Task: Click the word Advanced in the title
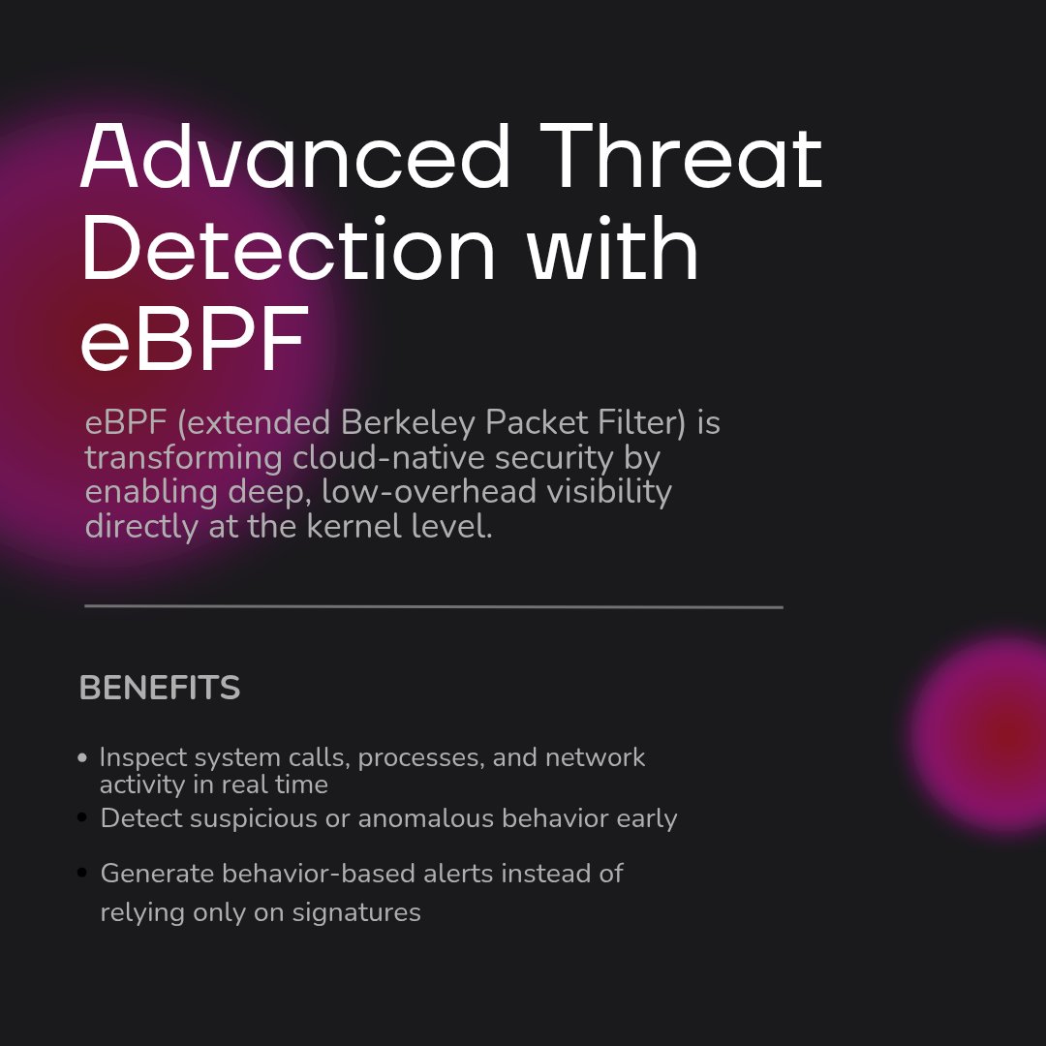tap(294, 157)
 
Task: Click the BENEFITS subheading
tap(160, 689)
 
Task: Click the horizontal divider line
tap(433, 607)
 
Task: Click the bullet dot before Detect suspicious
tap(82, 819)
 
